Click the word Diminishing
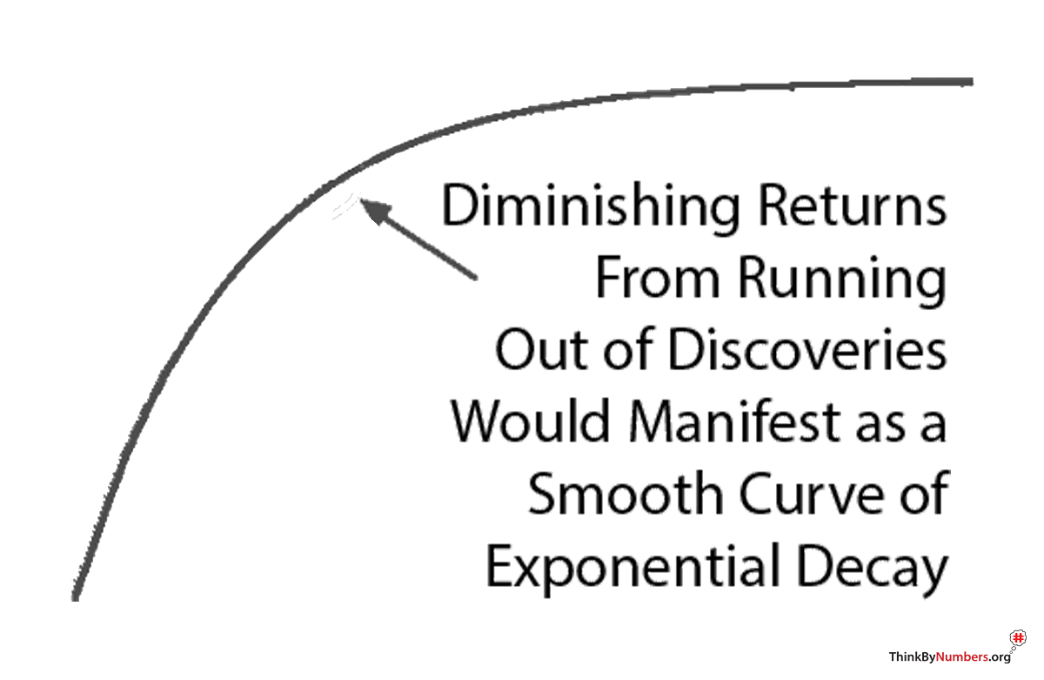click(x=592, y=209)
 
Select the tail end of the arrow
click(x=475, y=277)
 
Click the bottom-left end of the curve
click(x=76, y=596)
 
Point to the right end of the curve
click(x=969, y=82)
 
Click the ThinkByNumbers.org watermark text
click(x=948, y=657)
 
